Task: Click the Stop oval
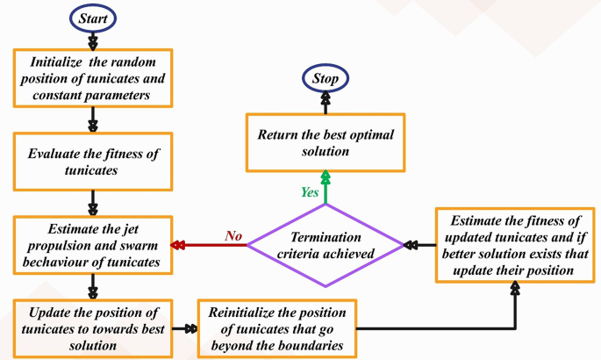click(x=326, y=79)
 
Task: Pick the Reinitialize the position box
click(x=277, y=329)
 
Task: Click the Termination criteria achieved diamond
click(x=324, y=245)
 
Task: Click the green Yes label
click(x=309, y=192)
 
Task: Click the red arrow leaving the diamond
click(x=211, y=246)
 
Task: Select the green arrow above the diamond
click(x=326, y=189)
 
